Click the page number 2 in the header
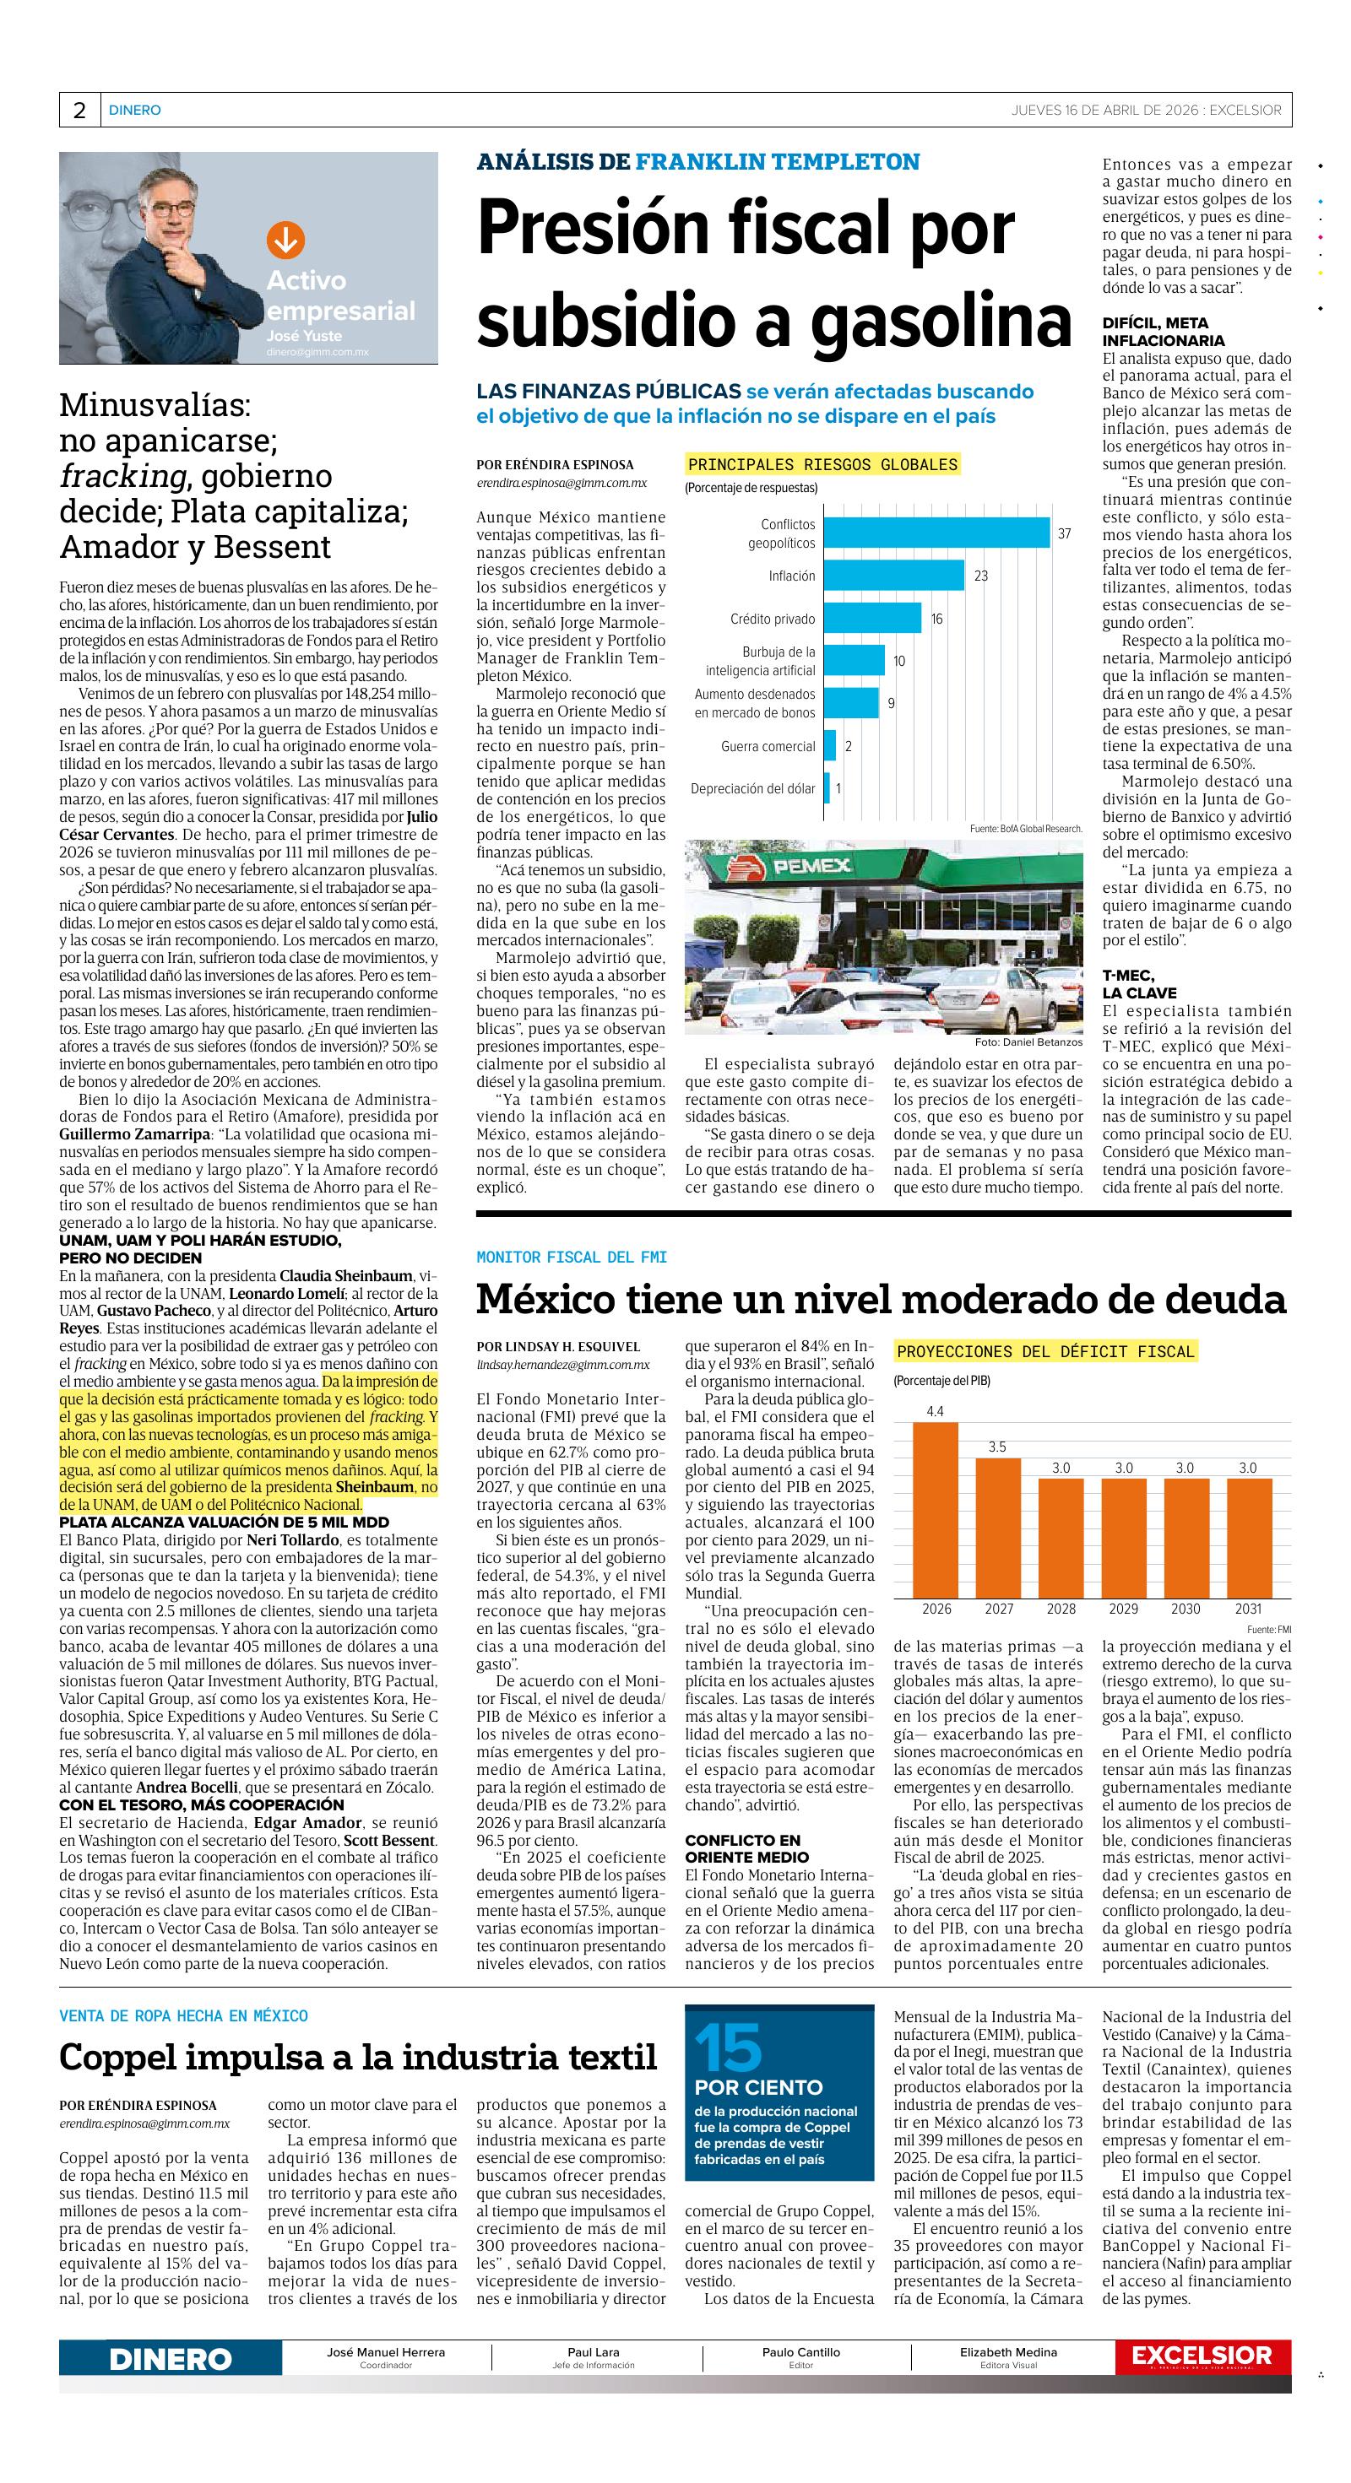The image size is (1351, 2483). pos(79,110)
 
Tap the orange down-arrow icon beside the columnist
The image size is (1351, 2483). pos(285,240)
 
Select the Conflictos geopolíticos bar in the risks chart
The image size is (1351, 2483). pos(936,533)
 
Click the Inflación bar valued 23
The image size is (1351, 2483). pos(893,576)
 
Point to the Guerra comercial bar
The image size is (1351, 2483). pos(829,746)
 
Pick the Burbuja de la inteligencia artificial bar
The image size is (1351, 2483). pos(854,660)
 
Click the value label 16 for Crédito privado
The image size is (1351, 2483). pos(936,619)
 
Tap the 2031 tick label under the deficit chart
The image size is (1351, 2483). pos(1247,1609)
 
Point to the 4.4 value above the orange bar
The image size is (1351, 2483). pos(935,1411)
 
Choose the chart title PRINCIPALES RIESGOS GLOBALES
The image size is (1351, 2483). pos(822,464)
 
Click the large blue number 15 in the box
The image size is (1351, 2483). pos(728,2048)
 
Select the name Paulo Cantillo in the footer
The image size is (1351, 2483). pos(800,2352)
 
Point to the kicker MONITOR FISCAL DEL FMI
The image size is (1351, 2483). pos(572,1257)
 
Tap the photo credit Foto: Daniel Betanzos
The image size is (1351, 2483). pos(1028,1042)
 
